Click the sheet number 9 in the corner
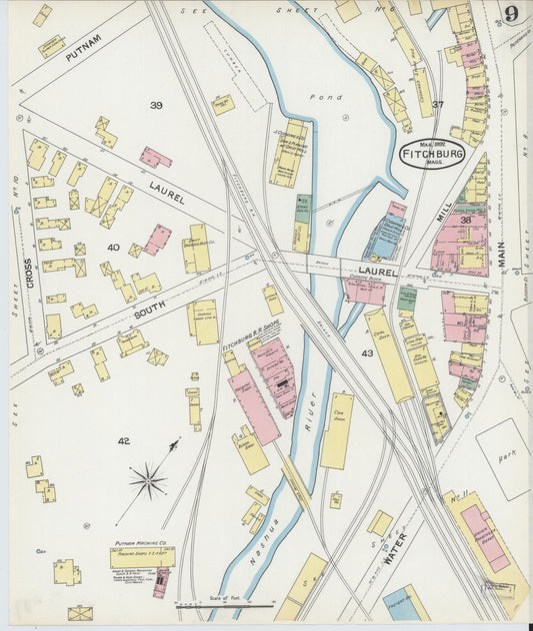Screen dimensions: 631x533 pyautogui.click(x=511, y=14)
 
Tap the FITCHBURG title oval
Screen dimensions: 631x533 pyautogui.click(x=433, y=157)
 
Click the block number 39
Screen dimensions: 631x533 pyautogui.click(x=156, y=105)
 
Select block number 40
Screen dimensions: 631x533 pyautogui.click(x=113, y=247)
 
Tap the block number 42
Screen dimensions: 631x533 pyautogui.click(x=123, y=440)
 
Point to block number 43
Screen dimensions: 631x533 pyautogui.click(x=367, y=353)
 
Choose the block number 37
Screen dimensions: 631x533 pyautogui.click(x=438, y=103)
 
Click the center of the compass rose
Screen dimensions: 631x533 pyautogui.click(x=148, y=481)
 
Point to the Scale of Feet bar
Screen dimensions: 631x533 pyautogui.click(x=225, y=604)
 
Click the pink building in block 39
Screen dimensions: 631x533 pyautogui.click(x=155, y=157)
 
